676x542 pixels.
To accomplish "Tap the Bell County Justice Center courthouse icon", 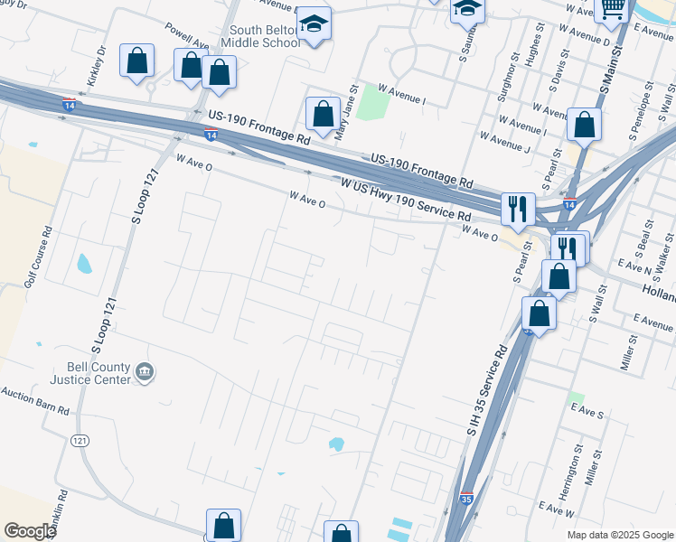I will pyautogui.click(x=145, y=372).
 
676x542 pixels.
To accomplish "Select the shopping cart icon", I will pyautogui.click(x=614, y=9).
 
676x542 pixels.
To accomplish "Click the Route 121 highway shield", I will pyautogui.click(x=80, y=440).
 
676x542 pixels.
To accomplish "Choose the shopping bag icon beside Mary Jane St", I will pyautogui.click(x=323, y=114).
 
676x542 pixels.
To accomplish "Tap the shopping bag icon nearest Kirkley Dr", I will pyautogui.click(x=136, y=62).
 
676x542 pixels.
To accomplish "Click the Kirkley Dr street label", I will pyautogui.click(x=97, y=65).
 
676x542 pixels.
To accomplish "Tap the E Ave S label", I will pyautogui.click(x=587, y=412).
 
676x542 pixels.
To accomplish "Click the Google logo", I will pyautogui.click(x=30, y=530).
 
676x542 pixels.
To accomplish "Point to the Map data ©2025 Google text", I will pyautogui.click(x=619, y=535).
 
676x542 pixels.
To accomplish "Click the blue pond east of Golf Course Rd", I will pyautogui.click(x=84, y=264).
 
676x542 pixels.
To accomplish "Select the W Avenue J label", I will pyautogui.click(x=504, y=140).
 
